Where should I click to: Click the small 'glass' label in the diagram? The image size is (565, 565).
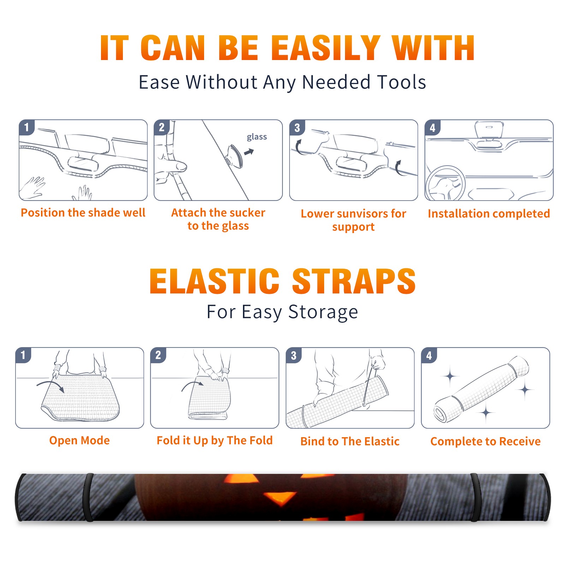(x=257, y=137)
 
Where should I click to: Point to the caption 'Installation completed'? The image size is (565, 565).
(x=489, y=214)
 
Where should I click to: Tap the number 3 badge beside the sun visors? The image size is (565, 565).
(x=297, y=128)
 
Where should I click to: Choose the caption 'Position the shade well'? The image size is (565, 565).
(x=83, y=213)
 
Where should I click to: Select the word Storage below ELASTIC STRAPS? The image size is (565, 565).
(x=323, y=312)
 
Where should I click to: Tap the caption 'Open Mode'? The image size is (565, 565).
(x=79, y=440)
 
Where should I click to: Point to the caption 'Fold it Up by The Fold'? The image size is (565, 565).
(x=215, y=440)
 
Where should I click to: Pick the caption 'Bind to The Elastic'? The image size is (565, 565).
(x=350, y=441)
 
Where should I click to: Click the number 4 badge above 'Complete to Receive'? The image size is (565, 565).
(x=429, y=356)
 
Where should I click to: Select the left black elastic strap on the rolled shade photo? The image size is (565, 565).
(x=88, y=498)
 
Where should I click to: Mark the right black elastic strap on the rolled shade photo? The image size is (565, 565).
(x=475, y=498)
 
